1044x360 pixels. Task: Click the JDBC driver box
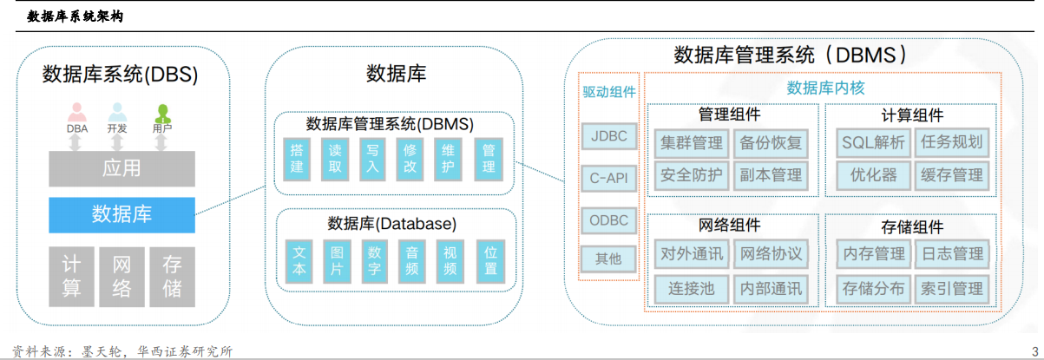(609, 136)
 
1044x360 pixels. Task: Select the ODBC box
(608, 220)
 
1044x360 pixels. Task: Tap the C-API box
(608, 179)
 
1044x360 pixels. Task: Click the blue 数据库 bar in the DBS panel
(121, 214)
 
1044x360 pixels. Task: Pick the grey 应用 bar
(121, 168)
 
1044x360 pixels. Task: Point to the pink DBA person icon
(77, 113)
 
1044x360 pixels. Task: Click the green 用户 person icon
(162, 113)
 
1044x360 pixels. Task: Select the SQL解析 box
(873, 142)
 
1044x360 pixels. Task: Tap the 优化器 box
(873, 175)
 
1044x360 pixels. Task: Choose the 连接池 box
(691, 289)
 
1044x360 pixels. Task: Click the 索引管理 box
(952, 289)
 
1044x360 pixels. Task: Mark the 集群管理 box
(691, 143)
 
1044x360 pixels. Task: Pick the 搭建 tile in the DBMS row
(297, 159)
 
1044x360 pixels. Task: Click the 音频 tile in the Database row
(412, 261)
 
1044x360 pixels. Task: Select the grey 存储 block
(172, 277)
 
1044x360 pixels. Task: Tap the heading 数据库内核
(825, 88)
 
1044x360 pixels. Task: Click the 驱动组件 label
(609, 92)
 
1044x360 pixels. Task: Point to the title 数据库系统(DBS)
(121, 75)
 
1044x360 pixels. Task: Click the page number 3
(1035, 351)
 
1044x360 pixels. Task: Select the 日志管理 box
(952, 254)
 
